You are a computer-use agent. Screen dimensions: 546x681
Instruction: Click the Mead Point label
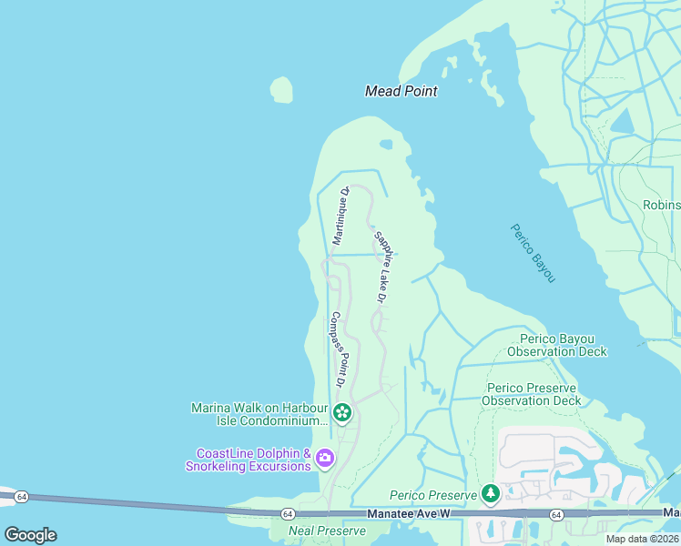coord(401,91)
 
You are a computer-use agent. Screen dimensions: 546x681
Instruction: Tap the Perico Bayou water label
coord(533,252)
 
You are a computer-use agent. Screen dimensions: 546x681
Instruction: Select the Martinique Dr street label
coord(340,216)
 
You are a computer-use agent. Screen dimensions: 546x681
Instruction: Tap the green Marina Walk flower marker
coord(341,414)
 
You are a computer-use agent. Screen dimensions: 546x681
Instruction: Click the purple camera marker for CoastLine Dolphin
coord(325,460)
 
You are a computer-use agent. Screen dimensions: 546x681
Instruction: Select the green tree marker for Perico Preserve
coord(491,494)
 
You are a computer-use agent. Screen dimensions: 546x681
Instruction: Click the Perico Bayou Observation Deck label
coord(557,346)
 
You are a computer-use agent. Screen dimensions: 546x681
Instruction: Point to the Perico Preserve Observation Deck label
coord(531,394)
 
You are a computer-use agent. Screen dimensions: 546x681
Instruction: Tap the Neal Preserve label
coord(314,531)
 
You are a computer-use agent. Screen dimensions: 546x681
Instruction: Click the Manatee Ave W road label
coord(410,514)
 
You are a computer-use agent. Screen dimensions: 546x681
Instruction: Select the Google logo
coord(30,535)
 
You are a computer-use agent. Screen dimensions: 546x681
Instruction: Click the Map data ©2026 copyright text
coord(642,538)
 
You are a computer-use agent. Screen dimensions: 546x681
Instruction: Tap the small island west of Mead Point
coord(281,89)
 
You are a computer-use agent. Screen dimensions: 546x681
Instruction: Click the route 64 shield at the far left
coord(22,496)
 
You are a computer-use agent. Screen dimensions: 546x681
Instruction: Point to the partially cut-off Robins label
coord(661,205)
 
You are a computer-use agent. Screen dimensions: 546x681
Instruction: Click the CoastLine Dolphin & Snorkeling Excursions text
coord(249,460)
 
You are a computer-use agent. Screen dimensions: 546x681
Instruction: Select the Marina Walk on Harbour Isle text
coord(259,414)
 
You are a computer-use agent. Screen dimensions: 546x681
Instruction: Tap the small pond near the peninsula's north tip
coord(386,144)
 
